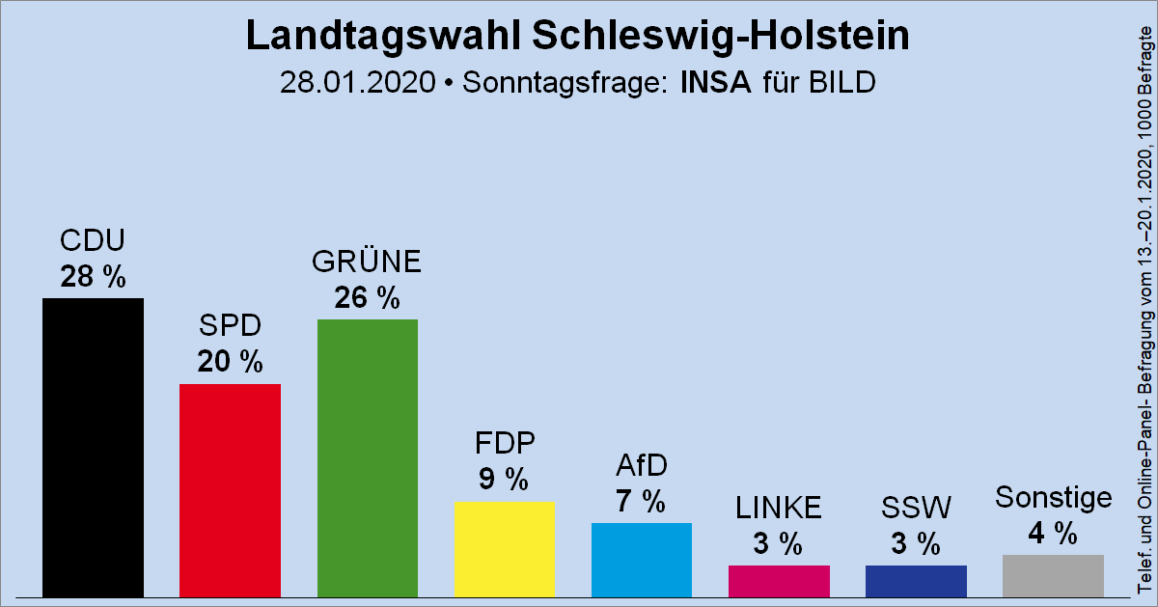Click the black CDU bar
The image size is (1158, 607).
point(93,447)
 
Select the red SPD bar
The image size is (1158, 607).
point(230,489)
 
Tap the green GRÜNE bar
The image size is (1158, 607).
point(367,457)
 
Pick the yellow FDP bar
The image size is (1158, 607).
point(504,548)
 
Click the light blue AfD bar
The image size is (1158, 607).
point(641,559)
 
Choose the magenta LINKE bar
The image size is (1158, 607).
point(779,580)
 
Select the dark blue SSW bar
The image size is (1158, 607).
point(916,580)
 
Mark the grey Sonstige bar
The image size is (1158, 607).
point(1053,575)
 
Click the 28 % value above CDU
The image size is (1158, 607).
point(93,277)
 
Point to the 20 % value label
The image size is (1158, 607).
point(230,362)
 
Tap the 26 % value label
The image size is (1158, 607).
point(367,298)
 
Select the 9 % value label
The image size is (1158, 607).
point(504,479)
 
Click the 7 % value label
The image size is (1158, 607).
point(641,501)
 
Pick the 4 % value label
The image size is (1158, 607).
point(1053,533)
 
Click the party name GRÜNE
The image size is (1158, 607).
point(367,262)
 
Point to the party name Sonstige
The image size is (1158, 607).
point(1053,498)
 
